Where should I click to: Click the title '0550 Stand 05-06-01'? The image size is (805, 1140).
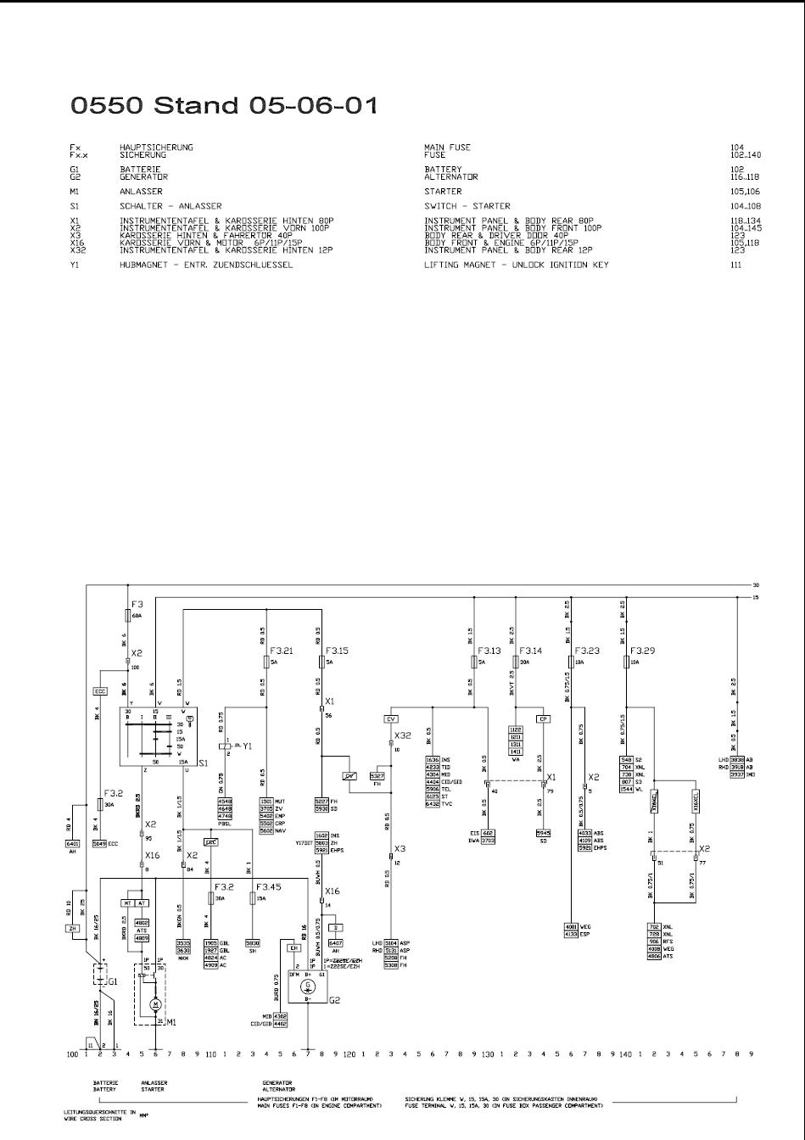coord(224,106)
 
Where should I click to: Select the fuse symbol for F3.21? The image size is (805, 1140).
coord(266,662)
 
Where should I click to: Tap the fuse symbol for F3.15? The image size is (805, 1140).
coord(321,662)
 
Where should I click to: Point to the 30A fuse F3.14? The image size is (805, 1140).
coord(515,662)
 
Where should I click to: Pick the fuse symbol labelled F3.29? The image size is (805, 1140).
coord(625,662)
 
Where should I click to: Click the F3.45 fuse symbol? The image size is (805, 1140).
coord(253,897)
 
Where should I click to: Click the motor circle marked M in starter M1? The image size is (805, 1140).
coord(155,1004)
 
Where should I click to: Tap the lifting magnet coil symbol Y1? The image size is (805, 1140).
coord(224,746)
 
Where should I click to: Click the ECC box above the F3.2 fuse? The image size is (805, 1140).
coord(100,692)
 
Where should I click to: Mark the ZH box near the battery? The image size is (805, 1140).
coord(72,929)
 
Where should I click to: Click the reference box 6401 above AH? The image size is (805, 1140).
coord(72,844)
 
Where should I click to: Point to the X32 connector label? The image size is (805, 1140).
coord(402,735)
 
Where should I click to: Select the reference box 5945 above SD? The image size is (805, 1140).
coord(543,832)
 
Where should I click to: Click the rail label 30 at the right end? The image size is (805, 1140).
coord(754,584)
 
